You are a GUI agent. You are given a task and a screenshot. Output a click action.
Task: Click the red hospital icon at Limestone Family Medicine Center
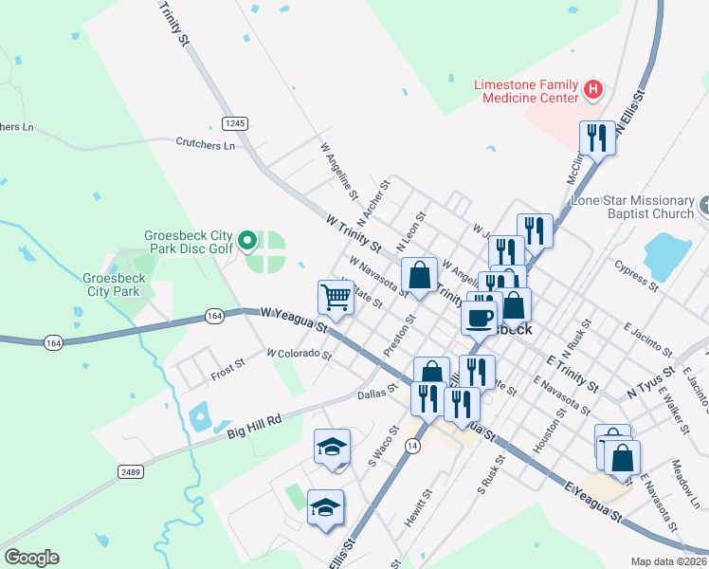[x=593, y=90]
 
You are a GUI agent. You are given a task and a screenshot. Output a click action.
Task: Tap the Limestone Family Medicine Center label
[x=526, y=91]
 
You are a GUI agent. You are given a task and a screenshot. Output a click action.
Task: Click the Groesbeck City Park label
[x=114, y=284]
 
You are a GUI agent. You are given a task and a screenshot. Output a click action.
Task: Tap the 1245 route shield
[x=236, y=123]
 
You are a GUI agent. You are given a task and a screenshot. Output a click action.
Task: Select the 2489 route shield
[x=131, y=471]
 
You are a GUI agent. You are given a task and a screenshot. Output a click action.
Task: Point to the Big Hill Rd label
[x=254, y=426]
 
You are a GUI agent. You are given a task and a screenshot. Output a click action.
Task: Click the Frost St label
[x=227, y=370]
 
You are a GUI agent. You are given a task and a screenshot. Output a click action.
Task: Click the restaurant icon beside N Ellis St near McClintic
[x=596, y=138]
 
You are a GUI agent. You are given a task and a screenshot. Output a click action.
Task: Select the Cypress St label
[x=637, y=274]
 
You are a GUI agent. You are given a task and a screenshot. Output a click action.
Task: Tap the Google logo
[x=31, y=558]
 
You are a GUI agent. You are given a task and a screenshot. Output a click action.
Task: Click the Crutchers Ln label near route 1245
[x=205, y=145]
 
